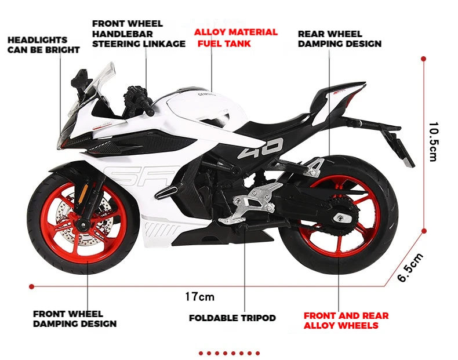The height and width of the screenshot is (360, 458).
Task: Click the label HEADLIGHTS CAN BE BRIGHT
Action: (x=43, y=45)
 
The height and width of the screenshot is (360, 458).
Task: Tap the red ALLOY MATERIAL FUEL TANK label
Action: (x=235, y=38)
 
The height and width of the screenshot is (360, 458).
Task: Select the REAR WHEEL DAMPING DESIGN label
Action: (x=339, y=39)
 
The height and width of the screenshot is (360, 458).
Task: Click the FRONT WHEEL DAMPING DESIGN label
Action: (x=74, y=319)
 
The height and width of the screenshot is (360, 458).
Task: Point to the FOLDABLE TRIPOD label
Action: (x=232, y=318)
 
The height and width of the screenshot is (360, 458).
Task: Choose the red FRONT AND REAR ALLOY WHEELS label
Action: (x=346, y=321)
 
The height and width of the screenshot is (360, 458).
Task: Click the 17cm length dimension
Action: (x=199, y=297)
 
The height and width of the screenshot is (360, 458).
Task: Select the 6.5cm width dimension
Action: (x=410, y=267)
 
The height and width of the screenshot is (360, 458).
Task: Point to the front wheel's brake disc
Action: (x=70, y=220)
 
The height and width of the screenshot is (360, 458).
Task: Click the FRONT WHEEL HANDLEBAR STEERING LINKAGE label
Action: (x=139, y=34)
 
